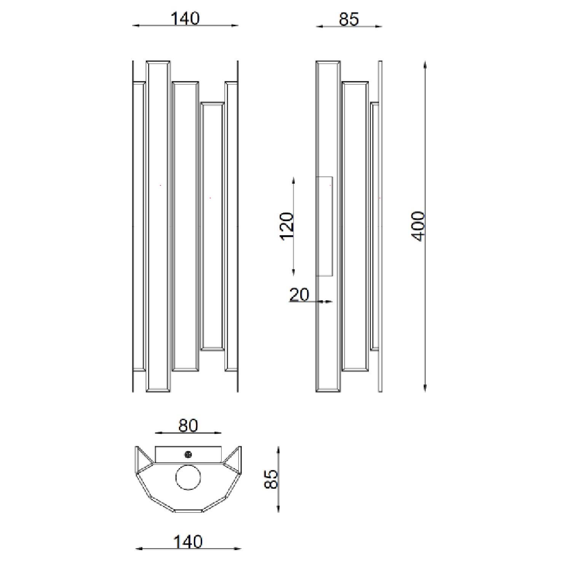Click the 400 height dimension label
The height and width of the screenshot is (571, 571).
click(418, 226)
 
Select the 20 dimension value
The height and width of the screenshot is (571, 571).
click(299, 294)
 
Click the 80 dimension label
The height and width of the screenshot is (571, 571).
click(188, 426)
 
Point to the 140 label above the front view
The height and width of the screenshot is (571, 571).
click(185, 18)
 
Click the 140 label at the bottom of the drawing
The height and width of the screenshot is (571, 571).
click(188, 541)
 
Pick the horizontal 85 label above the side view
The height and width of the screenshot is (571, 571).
click(349, 19)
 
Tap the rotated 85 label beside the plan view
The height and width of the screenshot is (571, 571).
click(271, 479)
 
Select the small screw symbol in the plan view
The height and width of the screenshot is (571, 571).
click(188, 454)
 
